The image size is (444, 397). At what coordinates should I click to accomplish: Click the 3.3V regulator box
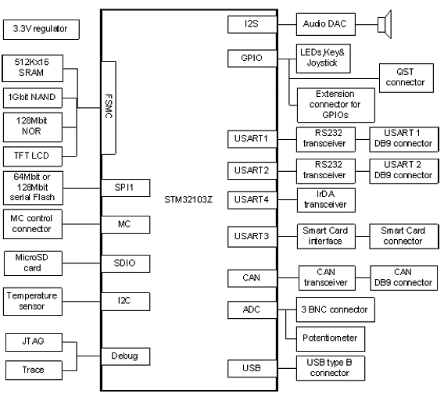pos(41,30)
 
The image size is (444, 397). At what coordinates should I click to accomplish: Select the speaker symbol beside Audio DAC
pos(385,25)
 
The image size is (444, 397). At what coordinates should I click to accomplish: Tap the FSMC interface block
pos(109,108)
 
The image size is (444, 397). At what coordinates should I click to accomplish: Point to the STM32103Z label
pos(188,199)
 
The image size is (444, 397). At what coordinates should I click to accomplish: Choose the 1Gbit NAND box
pos(33,98)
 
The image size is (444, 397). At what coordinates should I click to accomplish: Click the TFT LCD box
pos(33,156)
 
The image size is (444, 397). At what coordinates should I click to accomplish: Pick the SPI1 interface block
pos(125,188)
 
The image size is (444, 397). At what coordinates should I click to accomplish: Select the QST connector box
pos(406,78)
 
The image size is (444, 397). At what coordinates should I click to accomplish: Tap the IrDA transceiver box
pos(326,200)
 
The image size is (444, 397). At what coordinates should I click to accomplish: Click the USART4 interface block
pos(252,200)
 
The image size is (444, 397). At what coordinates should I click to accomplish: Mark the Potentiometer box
pos(331,339)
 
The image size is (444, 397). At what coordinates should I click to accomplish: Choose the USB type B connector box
pos(331,368)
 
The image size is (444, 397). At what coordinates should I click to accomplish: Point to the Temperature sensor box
pos(33,302)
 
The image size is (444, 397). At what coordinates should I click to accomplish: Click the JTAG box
pos(34,342)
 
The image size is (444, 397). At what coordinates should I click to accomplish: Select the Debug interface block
pos(125,356)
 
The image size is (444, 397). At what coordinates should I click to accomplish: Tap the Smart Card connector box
pos(404,237)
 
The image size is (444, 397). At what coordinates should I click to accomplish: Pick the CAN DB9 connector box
pos(404,278)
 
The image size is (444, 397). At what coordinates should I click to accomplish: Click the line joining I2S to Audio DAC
pos(287,25)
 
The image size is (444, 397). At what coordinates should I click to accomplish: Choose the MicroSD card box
pos(33,263)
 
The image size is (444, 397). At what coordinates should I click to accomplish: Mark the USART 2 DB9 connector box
pos(404,171)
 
